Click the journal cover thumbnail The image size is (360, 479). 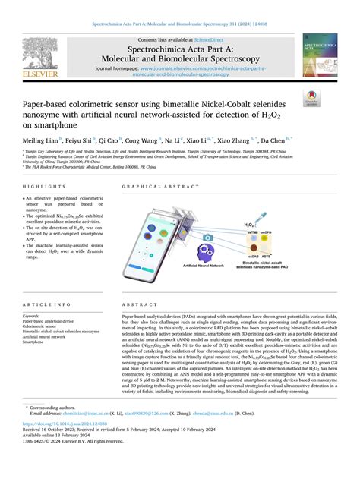coord(319,57)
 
